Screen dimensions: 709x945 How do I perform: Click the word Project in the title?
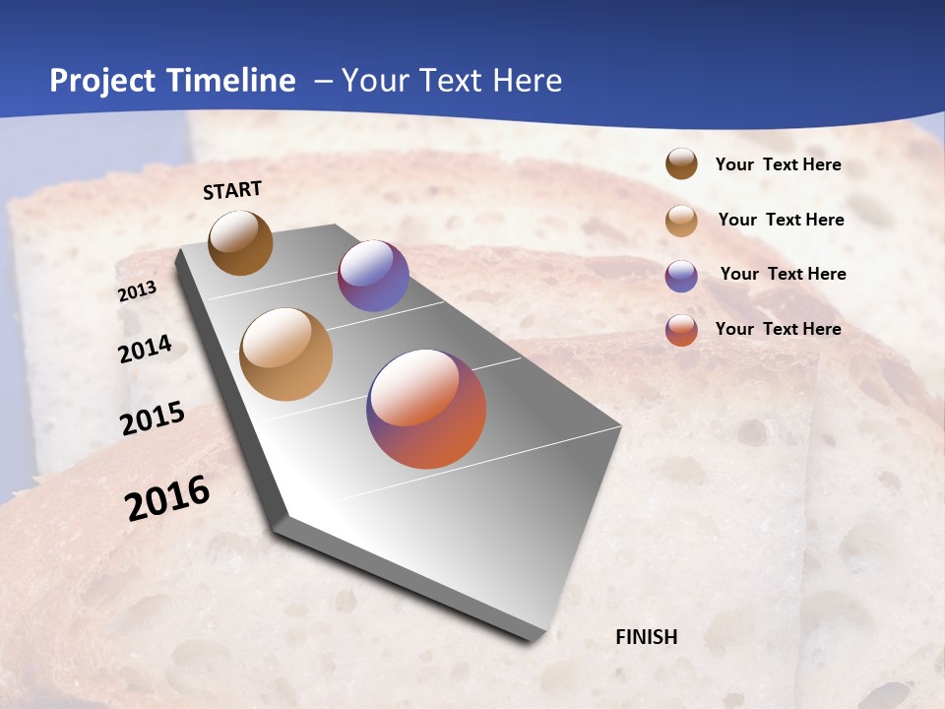[x=101, y=81]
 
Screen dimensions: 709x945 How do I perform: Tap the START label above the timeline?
[x=232, y=190]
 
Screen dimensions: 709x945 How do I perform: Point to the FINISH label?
[x=647, y=637]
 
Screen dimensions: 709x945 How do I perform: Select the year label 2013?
[x=138, y=291]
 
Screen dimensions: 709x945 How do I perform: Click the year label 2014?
[x=146, y=350]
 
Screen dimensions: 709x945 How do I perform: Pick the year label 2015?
[x=153, y=419]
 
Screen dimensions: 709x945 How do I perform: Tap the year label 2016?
[x=167, y=498]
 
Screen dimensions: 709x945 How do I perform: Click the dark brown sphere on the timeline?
[x=240, y=242]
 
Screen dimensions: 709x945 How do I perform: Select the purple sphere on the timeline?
[x=373, y=277]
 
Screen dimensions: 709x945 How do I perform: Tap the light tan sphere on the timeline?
[x=286, y=354]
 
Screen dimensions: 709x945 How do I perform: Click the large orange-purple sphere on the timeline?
[x=426, y=409]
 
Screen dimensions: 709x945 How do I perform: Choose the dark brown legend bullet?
[x=681, y=163]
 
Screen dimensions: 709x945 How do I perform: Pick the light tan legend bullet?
[x=681, y=221]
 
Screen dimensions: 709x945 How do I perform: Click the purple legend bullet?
[x=681, y=276]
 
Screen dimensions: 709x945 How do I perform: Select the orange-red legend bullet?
[x=681, y=330]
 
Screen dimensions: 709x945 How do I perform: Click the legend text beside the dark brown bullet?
[x=778, y=165]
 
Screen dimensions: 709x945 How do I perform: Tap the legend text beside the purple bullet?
[x=783, y=274]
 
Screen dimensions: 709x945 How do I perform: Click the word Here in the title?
[x=527, y=81]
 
